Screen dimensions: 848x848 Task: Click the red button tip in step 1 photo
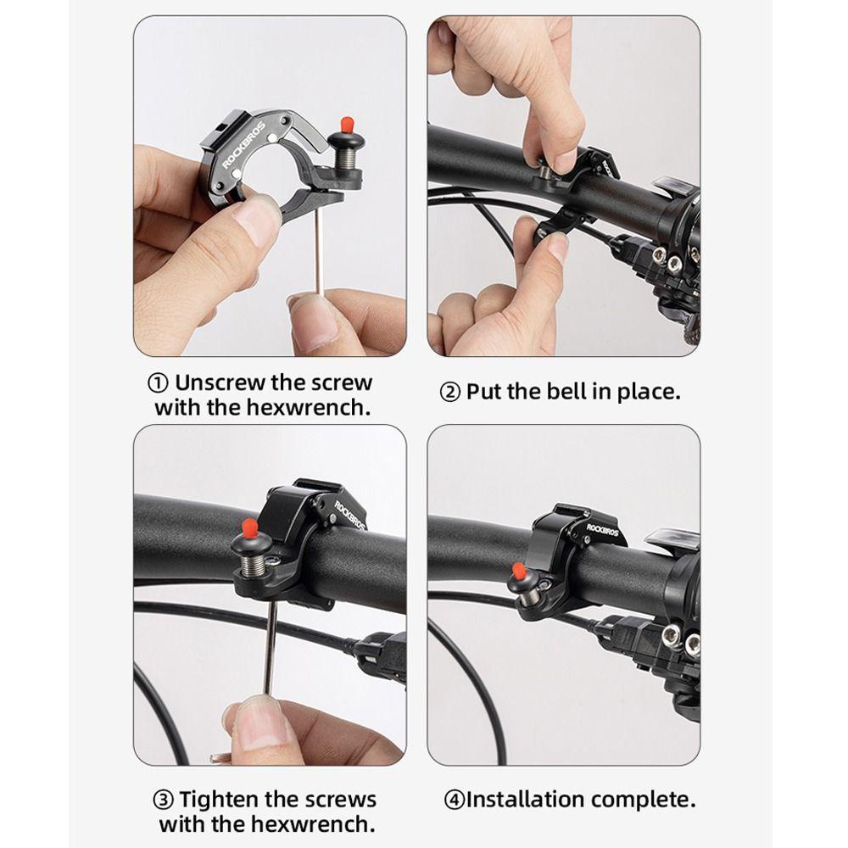coord(346,126)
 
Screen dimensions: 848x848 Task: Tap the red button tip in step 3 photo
coord(250,527)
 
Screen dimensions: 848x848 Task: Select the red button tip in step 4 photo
coord(518,571)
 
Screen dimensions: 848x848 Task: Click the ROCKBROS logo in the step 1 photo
coord(244,146)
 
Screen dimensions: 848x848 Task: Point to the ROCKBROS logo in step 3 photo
coord(350,515)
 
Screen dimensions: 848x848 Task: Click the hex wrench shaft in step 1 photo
coord(320,252)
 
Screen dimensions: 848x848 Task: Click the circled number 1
coord(158,383)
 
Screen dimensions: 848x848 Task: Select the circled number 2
coord(450,392)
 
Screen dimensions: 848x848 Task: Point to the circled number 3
coord(164,800)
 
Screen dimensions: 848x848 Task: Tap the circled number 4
coord(455,800)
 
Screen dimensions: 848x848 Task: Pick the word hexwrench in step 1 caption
coord(310,407)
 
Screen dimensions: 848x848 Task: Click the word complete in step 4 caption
coord(643,800)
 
